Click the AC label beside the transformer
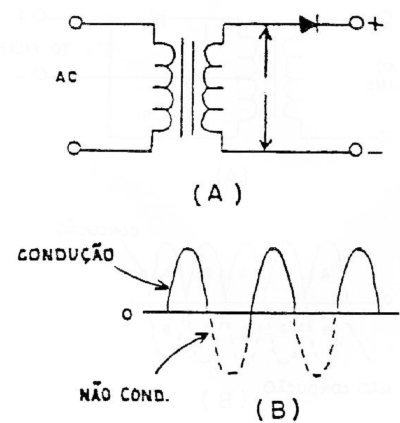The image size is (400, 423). pos(66,77)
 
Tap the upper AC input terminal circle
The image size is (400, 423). pos(75,23)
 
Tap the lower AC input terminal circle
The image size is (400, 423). pos(74,148)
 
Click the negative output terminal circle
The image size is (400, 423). pos(356,150)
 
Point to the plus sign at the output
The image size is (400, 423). pos(375,24)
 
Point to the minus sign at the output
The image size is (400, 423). pos(375,153)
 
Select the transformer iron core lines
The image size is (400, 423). pos(187,87)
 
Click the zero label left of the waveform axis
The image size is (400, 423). pos(127,314)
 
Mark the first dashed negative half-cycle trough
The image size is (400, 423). pos(233,373)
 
